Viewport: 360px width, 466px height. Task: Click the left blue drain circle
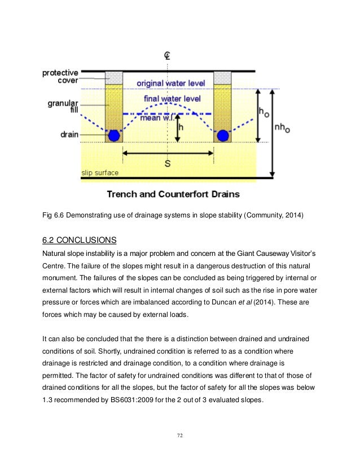(115, 136)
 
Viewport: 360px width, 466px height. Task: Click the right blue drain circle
(223, 136)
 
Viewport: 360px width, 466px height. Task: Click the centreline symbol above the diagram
(168, 55)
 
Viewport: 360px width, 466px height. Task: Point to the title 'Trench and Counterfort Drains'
(173, 194)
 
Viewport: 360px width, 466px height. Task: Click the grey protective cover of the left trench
(115, 78)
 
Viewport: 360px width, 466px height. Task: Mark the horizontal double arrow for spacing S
(168, 153)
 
